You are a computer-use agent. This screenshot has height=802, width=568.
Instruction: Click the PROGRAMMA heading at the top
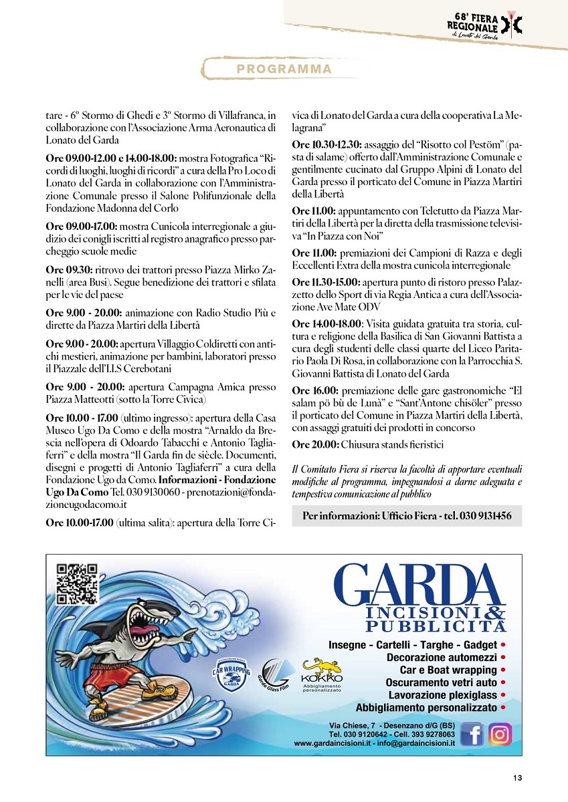pyautogui.click(x=280, y=69)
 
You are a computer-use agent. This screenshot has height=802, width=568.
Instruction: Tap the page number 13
pyautogui.click(x=517, y=777)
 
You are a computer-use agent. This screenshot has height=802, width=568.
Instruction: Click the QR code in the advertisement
pyautogui.click(x=77, y=584)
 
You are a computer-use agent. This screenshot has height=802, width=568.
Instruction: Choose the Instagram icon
pyautogui.click(x=499, y=734)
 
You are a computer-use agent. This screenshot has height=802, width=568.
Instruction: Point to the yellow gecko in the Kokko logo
pyautogui.click(x=322, y=666)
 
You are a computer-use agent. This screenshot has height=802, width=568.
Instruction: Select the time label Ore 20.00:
pyautogui.click(x=315, y=444)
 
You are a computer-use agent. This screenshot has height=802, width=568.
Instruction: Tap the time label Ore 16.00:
pyautogui.click(x=315, y=390)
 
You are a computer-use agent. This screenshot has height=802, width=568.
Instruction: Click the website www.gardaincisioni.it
pyautogui.click(x=330, y=743)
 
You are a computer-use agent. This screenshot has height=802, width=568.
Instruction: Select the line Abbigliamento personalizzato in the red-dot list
pyautogui.click(x=426, y=707)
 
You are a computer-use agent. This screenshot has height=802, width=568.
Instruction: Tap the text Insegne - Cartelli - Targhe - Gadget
pyautogui.click(x=413, y=645)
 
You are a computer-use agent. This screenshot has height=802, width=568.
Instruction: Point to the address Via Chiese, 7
pyautogui.click(x=352, y=725)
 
